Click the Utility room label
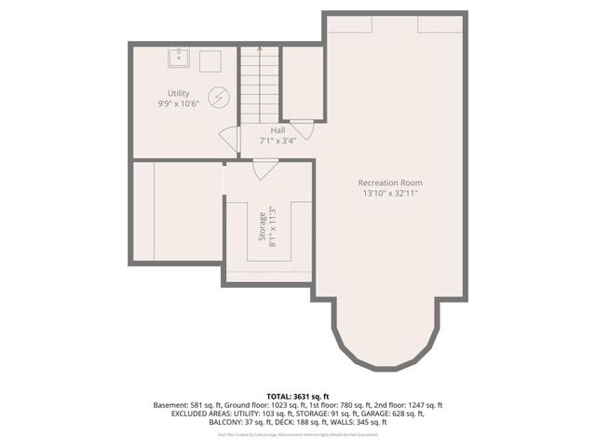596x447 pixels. click(x=179, y=93)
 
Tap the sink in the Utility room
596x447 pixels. click(x=180, y=58)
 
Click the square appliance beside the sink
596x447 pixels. click(x=210, y=60)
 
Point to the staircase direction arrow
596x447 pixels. click(x=259, y=49)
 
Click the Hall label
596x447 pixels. click(x=278, y=130)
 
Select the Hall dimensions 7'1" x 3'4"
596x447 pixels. click(x=278, y=141)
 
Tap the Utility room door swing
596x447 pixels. click(x=229, y=140)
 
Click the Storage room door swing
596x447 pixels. click(x=265, y=169)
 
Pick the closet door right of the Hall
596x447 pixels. click(x=302, y=129)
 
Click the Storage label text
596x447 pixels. click(x=263, y=226)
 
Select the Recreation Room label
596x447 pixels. click(x=390, y=183)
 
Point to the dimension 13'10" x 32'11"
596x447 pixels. click(x=390, y=194)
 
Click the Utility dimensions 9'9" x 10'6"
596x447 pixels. click(x=179, y=103)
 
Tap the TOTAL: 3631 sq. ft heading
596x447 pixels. click(x=298, y=395)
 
